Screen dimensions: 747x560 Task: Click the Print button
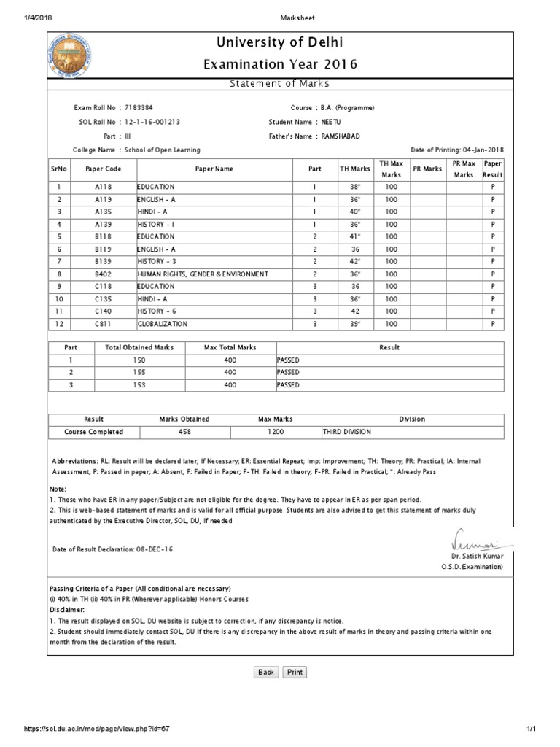click(x=295, y=672)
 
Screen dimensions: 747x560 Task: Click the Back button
click(x=266, y=672)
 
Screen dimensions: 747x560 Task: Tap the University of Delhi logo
click(x=66, y=54)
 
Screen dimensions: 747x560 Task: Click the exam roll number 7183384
click(x=139, y=108)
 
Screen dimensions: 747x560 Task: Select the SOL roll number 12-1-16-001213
click(x=152, y=122)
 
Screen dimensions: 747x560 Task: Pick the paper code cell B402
click(x=102, y=274)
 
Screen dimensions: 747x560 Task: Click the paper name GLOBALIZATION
click(x=163, y=324)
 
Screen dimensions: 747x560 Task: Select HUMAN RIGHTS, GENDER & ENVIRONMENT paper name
click(x=203, y=274)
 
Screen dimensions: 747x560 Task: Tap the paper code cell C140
click(x=102, y=311)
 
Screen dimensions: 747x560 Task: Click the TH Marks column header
click(x=355, y=169)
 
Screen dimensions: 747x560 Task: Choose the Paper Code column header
click(x=102, y=169)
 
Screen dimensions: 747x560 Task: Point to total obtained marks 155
click(x=139, y=373)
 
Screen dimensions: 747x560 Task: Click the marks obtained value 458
click(x=184, y=432)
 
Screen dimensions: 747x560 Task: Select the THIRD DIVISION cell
click(x=347, y=432)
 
